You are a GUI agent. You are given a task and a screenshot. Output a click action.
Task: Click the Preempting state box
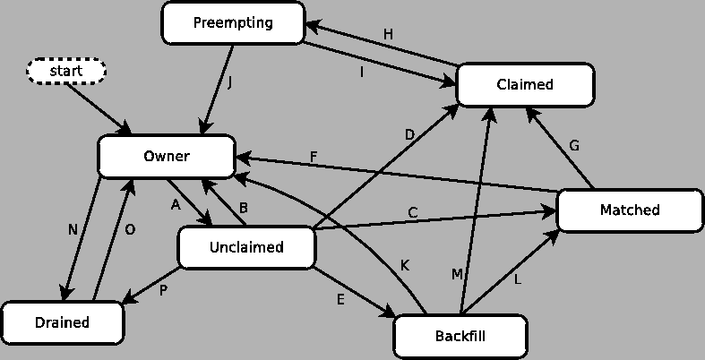(233, 22)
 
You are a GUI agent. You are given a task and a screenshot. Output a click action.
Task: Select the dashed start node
(66, 71)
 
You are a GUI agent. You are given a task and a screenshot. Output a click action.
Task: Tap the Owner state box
(167, 157)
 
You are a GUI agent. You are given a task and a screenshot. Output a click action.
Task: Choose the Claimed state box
(525, 84)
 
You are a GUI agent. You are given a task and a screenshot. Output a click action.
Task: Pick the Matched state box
(629, 210)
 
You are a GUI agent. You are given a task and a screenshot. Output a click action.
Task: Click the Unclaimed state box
(246, 247)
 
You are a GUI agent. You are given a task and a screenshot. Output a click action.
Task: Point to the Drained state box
(63, 322)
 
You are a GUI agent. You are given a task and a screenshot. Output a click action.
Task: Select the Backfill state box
(460, 337)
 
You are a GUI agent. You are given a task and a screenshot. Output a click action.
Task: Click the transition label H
(388, 34)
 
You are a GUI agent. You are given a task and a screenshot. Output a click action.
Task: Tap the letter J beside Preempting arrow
(230, 82)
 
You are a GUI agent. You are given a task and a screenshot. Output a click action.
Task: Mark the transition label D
(409, 135)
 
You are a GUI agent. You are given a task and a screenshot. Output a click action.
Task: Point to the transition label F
(314, 158)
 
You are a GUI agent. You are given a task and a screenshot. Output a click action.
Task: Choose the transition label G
(574, 145)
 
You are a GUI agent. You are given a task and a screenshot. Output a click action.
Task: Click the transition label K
(405, 265)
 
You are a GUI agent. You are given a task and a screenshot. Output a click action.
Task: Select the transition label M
(457, 275)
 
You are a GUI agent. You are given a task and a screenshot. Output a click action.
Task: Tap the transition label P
(164, 289)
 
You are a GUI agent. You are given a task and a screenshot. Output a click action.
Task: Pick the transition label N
(73, 229)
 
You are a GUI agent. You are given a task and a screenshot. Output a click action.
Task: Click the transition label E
(340, 299)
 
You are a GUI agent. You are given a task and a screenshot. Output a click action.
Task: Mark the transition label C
(413, 213)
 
